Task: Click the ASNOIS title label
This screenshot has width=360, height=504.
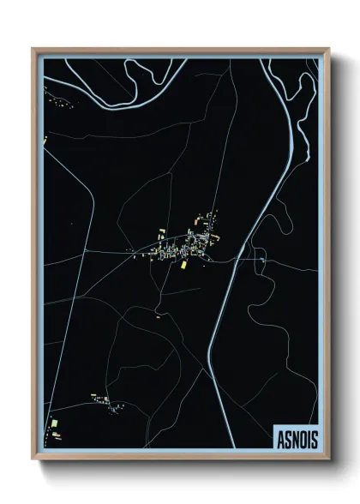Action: (x=296, y=437)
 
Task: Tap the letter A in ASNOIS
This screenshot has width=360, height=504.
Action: (x=281, y=437)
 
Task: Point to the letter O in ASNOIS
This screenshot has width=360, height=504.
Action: (x=302, y=437)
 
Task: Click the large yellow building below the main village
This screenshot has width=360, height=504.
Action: (x=183, y=265)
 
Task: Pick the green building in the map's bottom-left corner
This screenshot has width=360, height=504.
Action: (x=53, y=424)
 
